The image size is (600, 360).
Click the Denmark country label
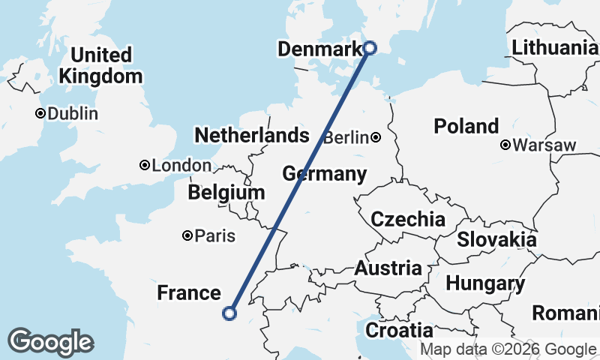(x=320, y=49)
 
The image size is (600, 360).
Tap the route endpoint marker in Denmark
(x=370, y=48)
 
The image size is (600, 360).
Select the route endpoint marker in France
(x=230, y=313)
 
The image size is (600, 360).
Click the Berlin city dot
(x=375, y=137)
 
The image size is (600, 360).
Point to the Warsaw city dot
(x=506, y=145)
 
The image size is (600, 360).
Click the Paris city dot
(x=187, y=236)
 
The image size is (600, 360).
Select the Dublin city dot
(x=40, y=114)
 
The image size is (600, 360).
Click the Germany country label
(x=324, y=174)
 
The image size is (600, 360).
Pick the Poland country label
(x=466, y=126)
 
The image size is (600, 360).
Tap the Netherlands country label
(x=251, y=136)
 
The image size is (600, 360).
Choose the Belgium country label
(x=226, y=193)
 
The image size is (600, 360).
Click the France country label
(x=189, y=293)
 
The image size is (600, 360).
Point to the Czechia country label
(x=408, y=220)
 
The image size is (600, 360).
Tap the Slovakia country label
(x=496, y=240)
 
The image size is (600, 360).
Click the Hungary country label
(x=484, y=284)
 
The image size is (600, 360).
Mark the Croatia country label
(x=399, y=330)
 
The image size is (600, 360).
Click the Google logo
(x=50, y=342)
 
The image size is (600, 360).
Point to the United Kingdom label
(x=100, y=65)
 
